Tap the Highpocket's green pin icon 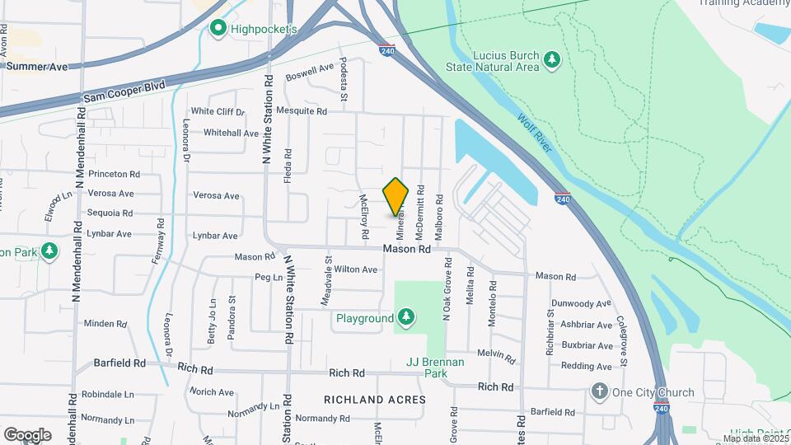(218, 30)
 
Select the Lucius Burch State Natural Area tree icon (552, 59)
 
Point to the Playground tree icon (405, 317)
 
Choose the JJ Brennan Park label (436, 368)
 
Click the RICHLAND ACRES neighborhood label (375, 400)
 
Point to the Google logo (27, 434)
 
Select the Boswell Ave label (310, 72)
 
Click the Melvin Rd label (495, 357)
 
